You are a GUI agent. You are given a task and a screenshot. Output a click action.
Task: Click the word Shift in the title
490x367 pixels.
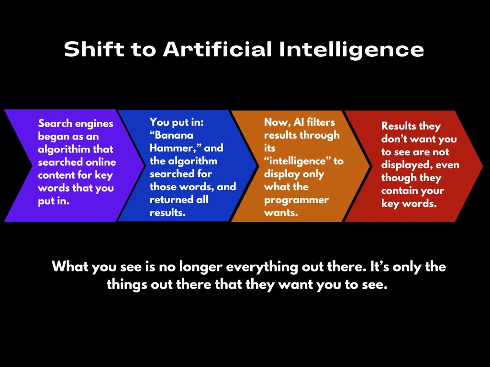tap(94, 49)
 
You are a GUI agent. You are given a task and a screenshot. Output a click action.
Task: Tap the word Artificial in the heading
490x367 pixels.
tap(218, 49)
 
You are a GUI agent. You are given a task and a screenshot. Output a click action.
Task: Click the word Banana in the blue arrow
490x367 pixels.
tap(171, 135)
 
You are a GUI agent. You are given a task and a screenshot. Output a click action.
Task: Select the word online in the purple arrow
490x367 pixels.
tap(101, 162)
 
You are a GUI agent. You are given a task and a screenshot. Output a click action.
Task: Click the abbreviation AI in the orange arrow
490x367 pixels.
tap(299, 122)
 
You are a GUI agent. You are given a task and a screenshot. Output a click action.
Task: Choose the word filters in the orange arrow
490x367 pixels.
tap(321, 122)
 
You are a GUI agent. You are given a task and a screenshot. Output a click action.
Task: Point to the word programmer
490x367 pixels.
tap(296, 201)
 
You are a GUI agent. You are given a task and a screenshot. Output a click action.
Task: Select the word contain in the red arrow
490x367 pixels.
tap(399, 191)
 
